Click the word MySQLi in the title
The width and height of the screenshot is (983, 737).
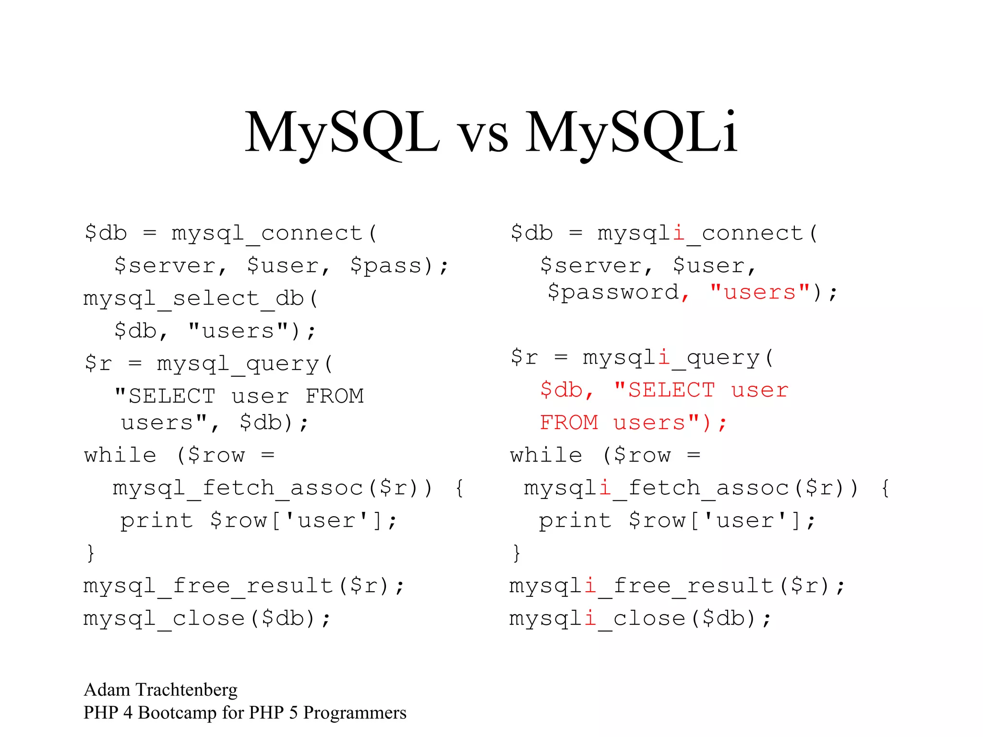pos(631,132)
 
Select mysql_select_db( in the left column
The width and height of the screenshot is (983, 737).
pos(201,298)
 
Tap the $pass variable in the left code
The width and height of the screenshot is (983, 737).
pos(386,265)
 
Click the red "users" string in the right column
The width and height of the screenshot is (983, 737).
pos(759,292)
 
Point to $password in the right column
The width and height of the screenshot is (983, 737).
pos(613,292)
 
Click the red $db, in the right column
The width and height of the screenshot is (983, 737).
pos(566,390)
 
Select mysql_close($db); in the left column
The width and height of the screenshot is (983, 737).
pos(207,618)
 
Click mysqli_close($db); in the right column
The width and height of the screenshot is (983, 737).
pos(640,618)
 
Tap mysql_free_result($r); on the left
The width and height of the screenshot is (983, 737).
pos(243,585)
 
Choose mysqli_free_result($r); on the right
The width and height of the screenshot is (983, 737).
pos(676,585)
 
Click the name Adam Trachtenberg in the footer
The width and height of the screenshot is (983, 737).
pos(160,689)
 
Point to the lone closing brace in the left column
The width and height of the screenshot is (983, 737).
pos(91,553)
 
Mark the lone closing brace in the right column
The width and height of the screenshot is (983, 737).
pos(516,553)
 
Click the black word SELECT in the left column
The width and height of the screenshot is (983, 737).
pos(171,396)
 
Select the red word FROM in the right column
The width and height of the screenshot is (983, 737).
pos(569,423)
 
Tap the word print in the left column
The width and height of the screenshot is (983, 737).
pos(156,520)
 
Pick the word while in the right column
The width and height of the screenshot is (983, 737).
pos(546,455)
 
